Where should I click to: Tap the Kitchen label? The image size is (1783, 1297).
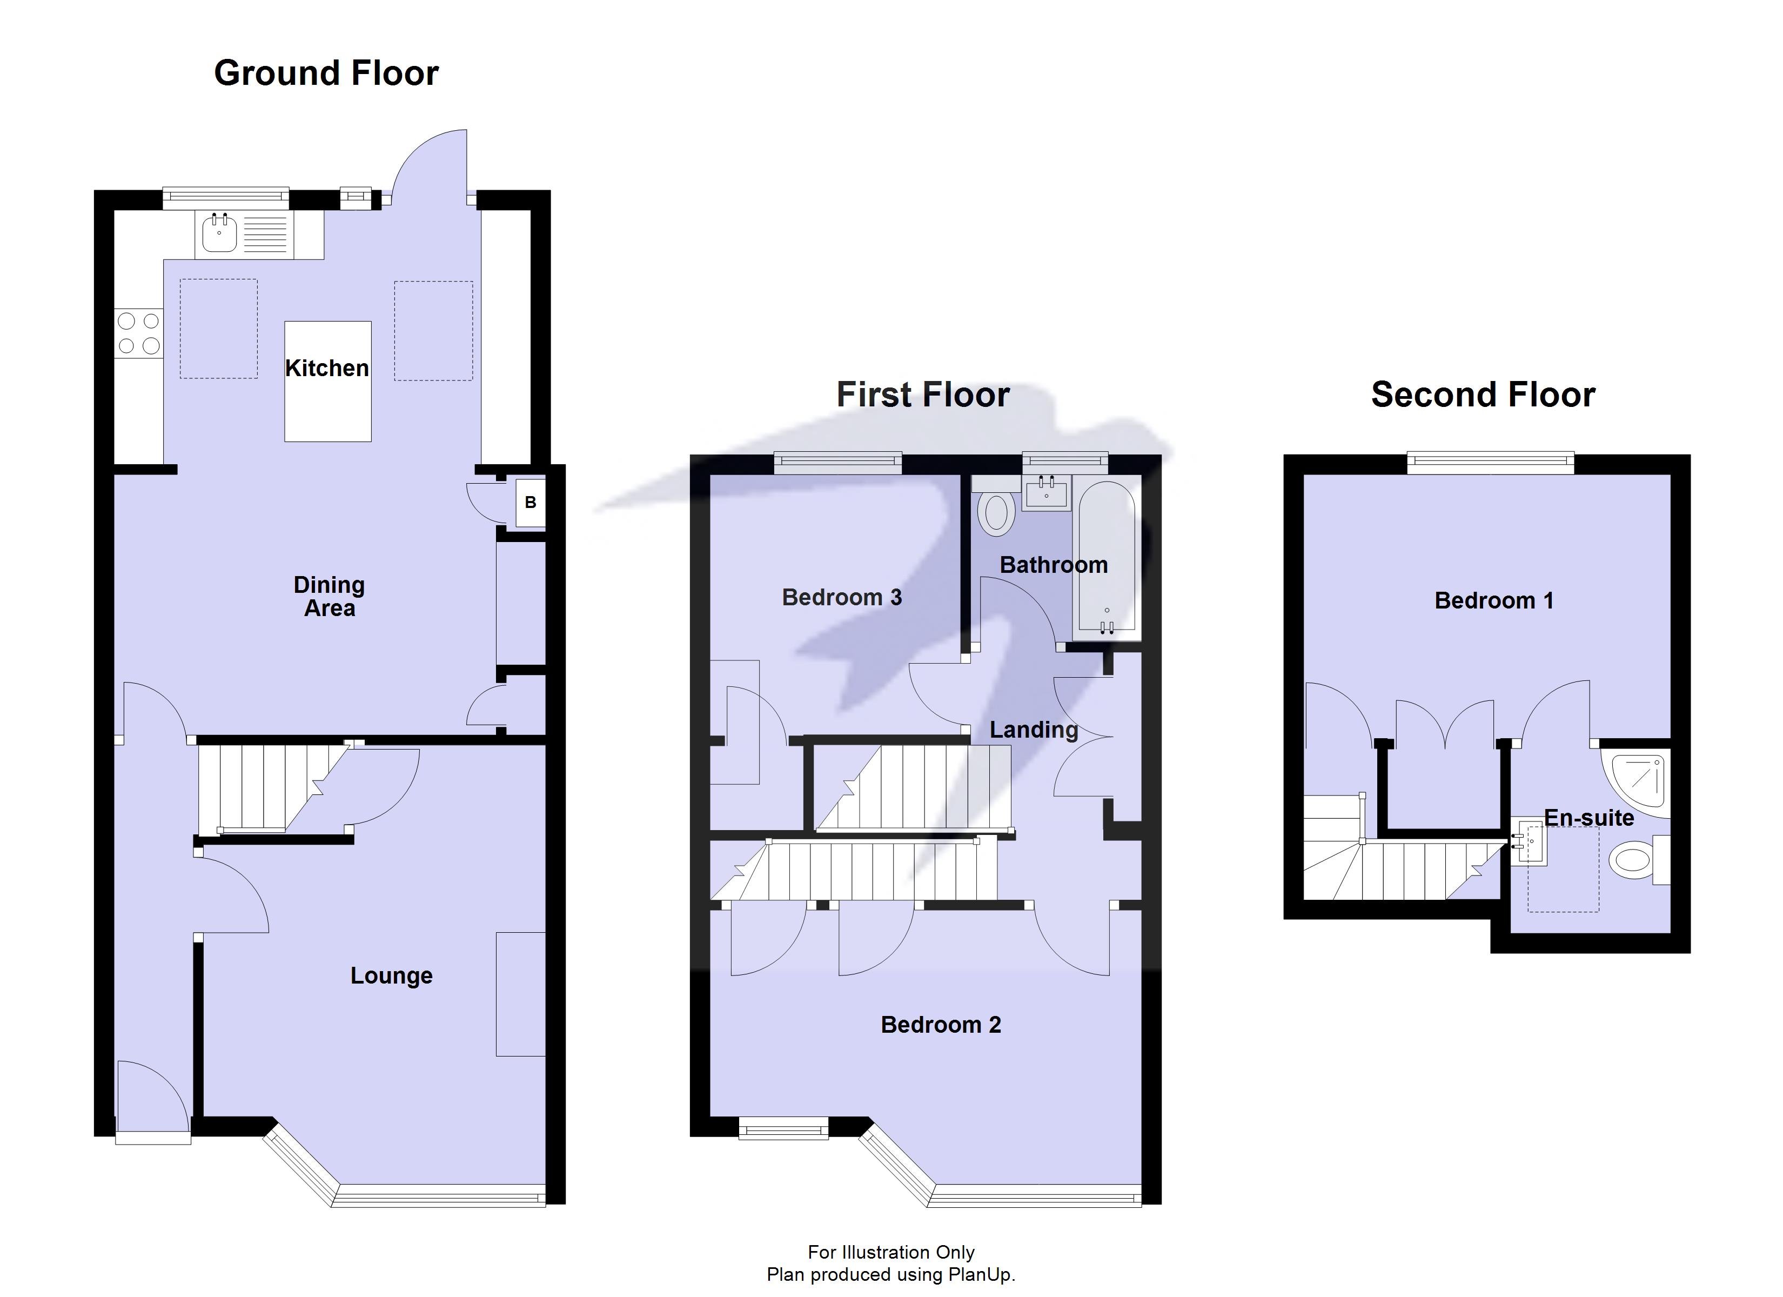coord(326,368)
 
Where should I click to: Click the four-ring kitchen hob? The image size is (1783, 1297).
coord(138,333)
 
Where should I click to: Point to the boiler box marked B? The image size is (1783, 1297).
coord(531,503)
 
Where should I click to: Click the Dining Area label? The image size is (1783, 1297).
coord(330,596)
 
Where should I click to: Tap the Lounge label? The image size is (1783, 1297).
coord(392,975)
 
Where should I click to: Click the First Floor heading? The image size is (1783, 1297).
coord(922,395)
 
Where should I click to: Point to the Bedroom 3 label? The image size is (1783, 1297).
coord(841,598)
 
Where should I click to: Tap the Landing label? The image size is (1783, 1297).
coord(1033,730)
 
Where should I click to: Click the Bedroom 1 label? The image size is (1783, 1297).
coord(1494,601)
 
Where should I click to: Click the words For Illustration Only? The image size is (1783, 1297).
coord(891,1252)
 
